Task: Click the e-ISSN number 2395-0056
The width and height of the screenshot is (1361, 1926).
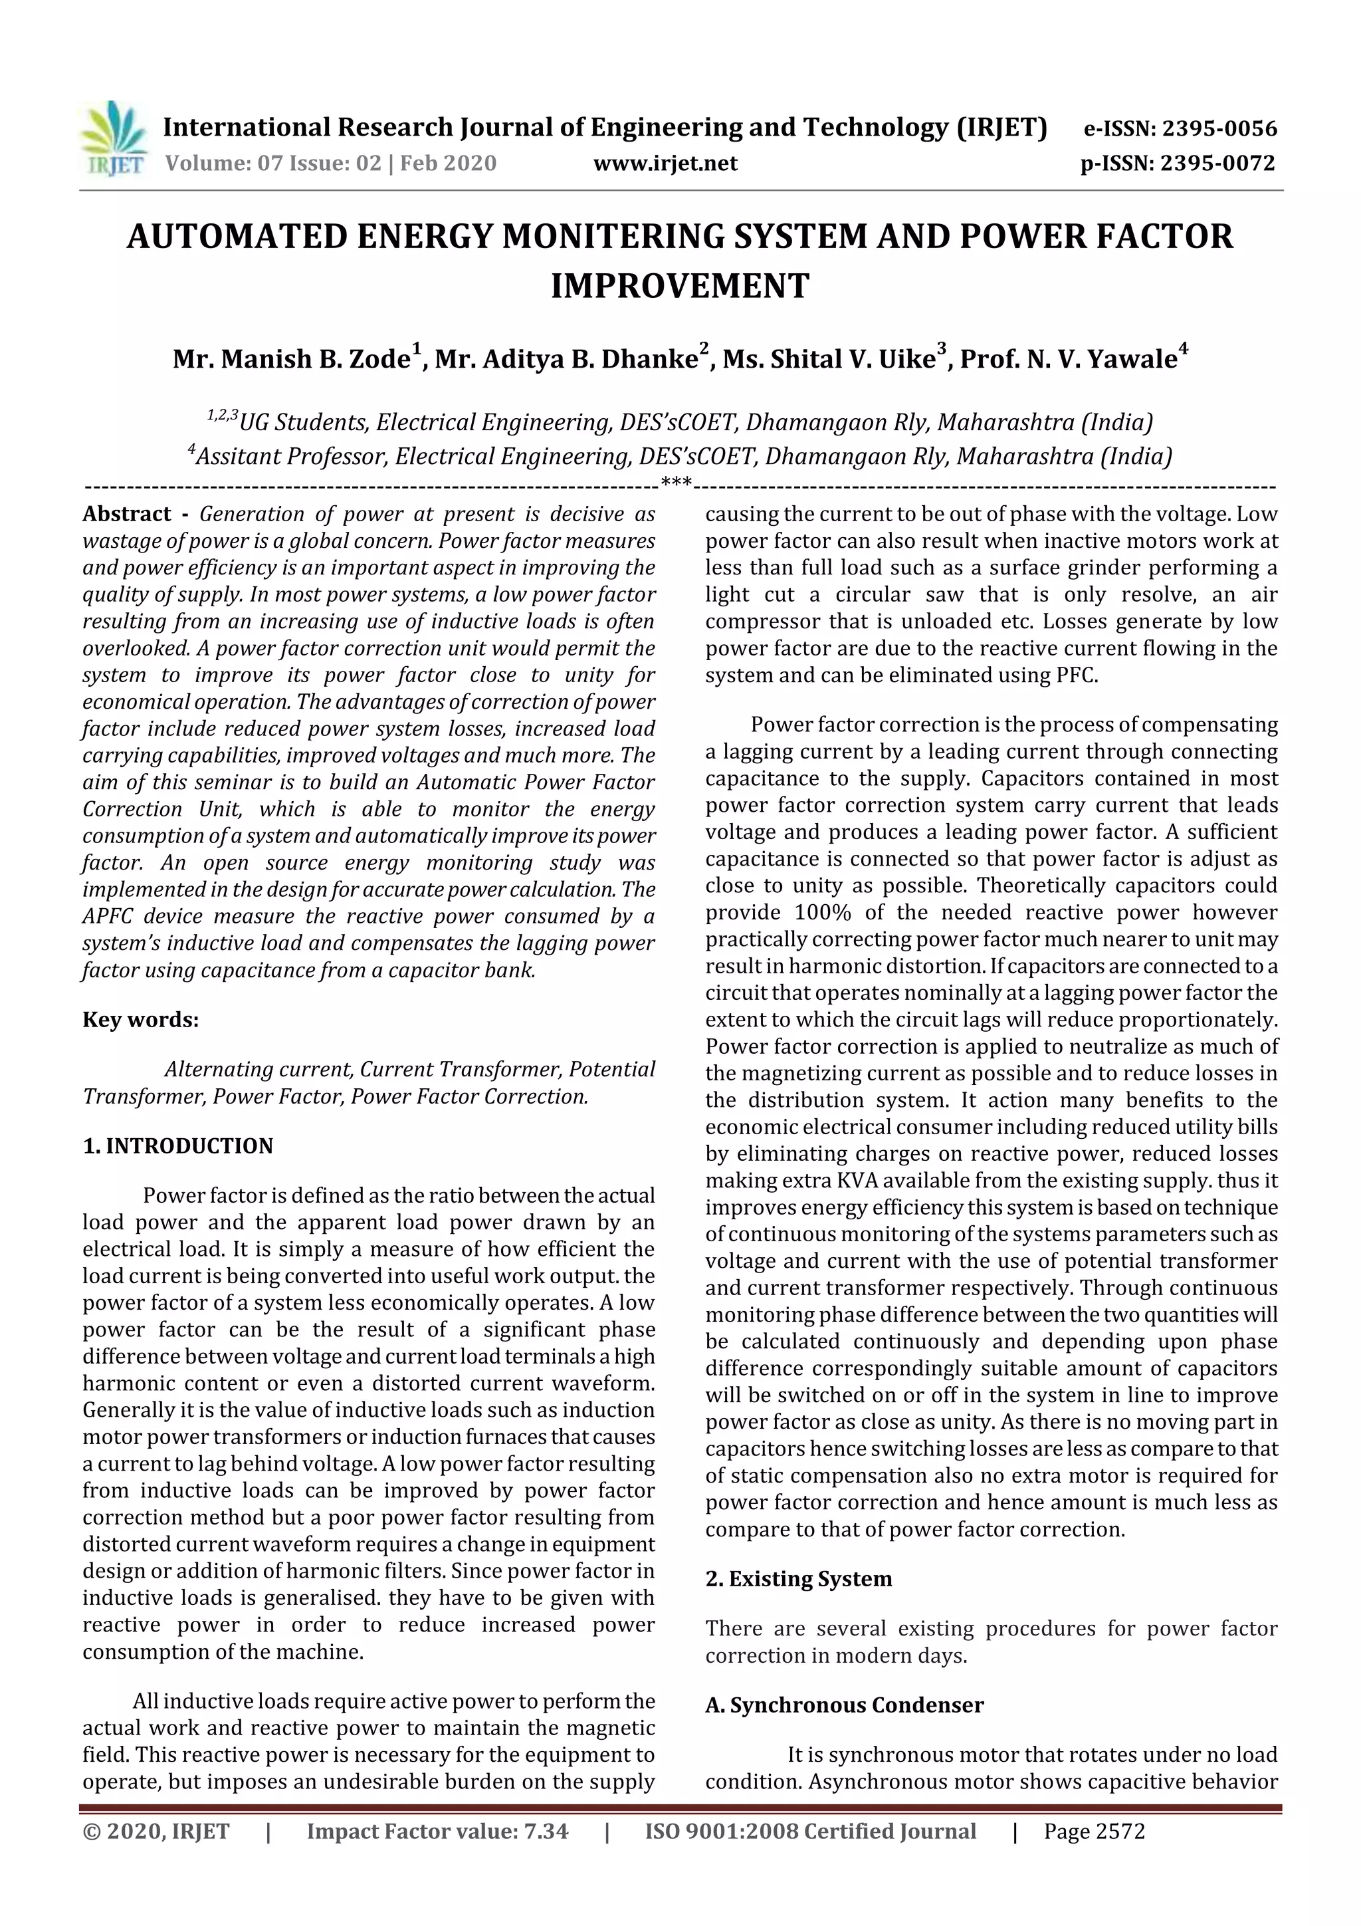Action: point(1219,128)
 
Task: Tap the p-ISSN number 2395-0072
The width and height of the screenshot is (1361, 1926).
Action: point(1217,163)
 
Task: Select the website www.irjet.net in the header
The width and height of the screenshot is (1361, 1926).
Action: point(665,163)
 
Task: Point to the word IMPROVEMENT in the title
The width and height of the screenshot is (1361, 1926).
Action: point(679,286)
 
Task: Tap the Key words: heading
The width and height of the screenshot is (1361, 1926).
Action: point(140,1020)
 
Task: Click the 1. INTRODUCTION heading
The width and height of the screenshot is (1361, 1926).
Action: point(178,1146)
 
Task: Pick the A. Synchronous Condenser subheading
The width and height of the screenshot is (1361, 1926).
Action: point(843,1705)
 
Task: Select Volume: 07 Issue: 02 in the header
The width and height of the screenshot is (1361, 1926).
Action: point(273,163)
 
